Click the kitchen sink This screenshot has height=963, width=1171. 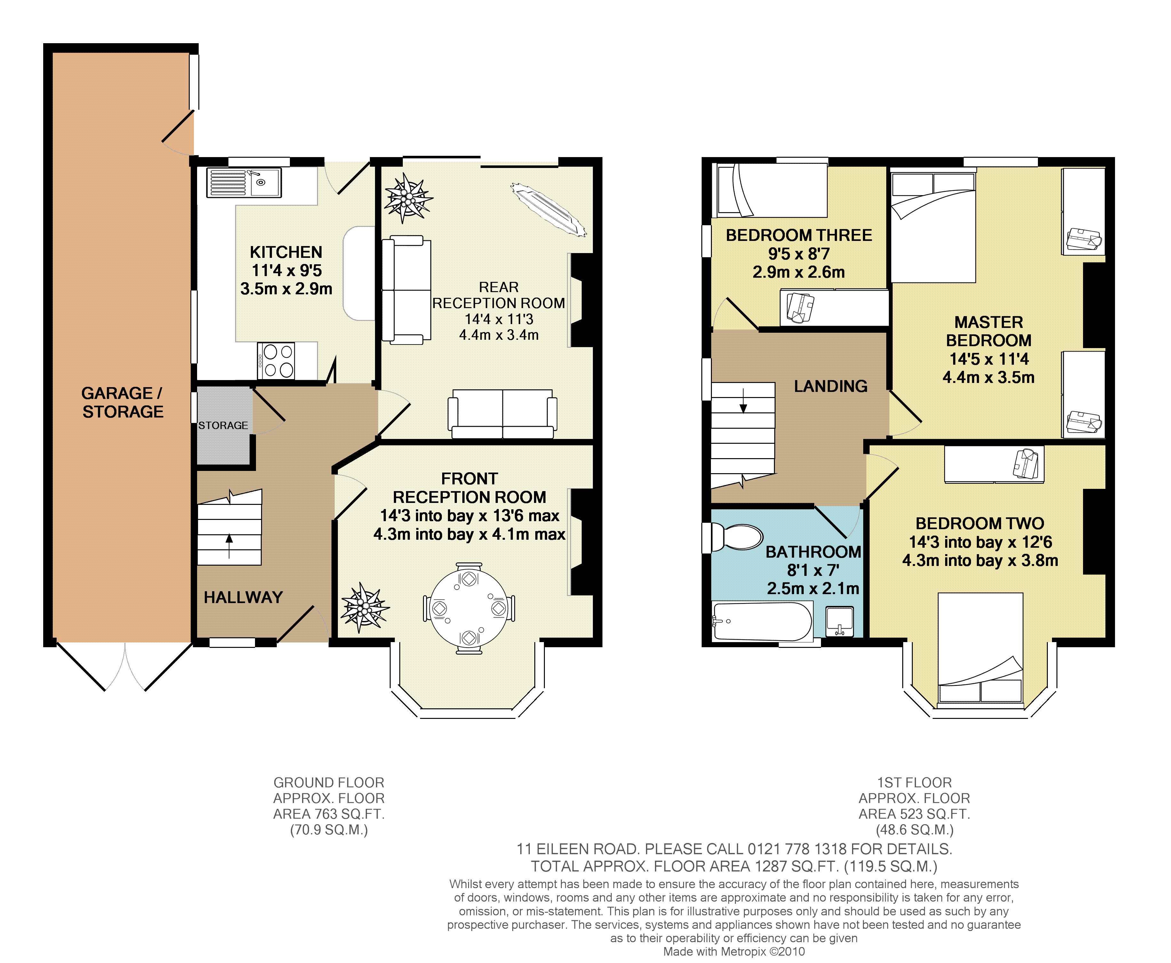coord(244,182)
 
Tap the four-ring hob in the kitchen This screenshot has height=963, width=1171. coord(276,361)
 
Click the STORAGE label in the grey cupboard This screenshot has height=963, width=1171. coord(223,426)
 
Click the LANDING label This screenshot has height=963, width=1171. coord(830,386)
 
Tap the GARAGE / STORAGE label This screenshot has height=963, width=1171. coord(123,402)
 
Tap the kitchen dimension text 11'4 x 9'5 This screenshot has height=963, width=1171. coord(287,271)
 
